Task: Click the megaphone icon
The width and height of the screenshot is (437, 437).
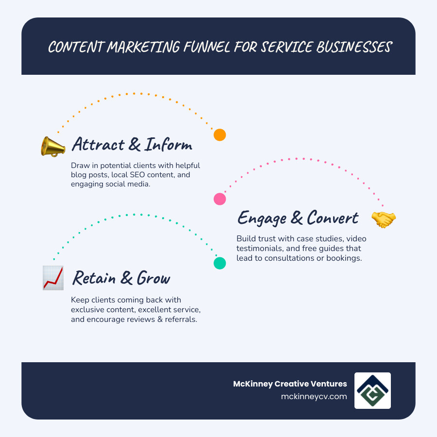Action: (53, 146)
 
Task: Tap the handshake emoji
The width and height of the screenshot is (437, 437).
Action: (384, 219)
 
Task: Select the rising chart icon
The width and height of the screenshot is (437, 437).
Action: (53, 278)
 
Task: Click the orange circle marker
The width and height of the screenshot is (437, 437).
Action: (220, 135)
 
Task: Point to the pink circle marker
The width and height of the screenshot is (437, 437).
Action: (220, 199)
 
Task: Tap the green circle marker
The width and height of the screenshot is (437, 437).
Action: (220, 263)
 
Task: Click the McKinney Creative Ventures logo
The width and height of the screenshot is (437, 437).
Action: (372, 390)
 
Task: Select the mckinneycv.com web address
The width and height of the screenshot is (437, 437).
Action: (314, 396)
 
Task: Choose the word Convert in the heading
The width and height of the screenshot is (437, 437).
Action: (332, 218)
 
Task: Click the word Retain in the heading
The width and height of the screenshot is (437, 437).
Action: (92, 278)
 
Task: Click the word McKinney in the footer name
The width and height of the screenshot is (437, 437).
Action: (252, 384)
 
